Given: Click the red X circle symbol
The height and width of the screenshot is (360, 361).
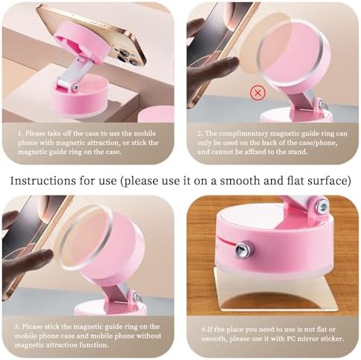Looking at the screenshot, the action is point(258,93).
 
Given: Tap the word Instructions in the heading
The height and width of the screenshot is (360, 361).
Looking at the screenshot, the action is point(43,181).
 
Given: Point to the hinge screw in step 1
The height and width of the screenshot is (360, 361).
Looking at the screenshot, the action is point(75,87).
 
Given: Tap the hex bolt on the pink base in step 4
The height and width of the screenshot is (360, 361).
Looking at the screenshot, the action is point(242,250).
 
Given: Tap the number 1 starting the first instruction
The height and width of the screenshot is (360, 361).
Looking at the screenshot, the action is point(20,133).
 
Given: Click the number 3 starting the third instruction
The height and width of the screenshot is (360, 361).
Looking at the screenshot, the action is point(17,327).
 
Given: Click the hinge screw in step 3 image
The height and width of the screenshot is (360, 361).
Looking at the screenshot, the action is point(135,296).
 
